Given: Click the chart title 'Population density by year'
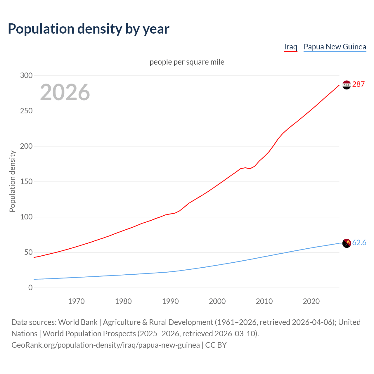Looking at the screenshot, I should [x=89, y=29].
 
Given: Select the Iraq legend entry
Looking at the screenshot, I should [x=291, y=47].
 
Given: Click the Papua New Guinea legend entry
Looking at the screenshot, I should [x=335, y=47].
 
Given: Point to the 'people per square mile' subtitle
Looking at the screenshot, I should [x=187, y=62].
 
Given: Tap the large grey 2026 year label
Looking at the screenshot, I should [x=65, y=92].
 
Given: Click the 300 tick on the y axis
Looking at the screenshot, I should [x=26, y=76].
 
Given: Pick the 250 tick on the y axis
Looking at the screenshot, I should [x=26, y=111].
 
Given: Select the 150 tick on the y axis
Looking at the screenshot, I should [x=26, y=182].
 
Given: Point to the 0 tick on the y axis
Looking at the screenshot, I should [x=30, y=288].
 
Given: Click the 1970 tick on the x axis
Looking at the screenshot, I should [x=76, y=301].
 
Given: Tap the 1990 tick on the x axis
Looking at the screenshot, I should [x=170, y=301].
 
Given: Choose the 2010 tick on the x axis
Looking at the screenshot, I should [x=264, y=301].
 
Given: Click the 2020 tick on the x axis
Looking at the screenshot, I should [x=311, y=301].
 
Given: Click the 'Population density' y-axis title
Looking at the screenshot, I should [x=12, y=181].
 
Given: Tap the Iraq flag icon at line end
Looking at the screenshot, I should [x=347, y=85].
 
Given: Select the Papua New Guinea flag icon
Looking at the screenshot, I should [x=347, y=243].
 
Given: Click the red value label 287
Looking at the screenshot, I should [x=359, y=84].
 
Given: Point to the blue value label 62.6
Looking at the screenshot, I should [x=359, y=243].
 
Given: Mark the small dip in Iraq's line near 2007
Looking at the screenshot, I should [x=250, y=169].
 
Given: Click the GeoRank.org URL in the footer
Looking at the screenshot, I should [x=105, y=345].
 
